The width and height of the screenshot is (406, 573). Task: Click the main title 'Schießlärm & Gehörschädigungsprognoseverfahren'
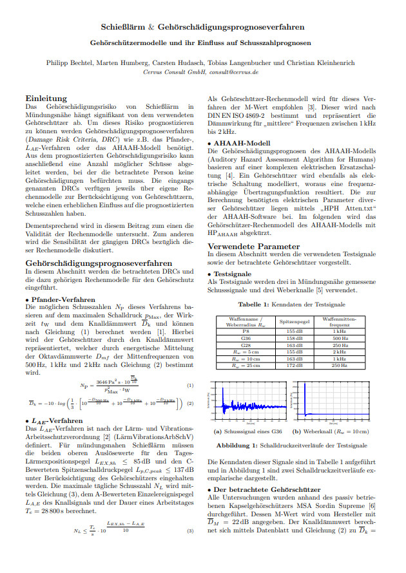pyautogui.click(x=203, y=28)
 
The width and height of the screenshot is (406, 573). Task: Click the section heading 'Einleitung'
pyautogui.click(x=46, y=98)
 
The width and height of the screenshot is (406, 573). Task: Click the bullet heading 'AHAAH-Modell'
pyautogui.click(x=238, y=142)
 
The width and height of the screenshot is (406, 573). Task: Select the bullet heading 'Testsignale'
pyautogui.click(x=233, y=274)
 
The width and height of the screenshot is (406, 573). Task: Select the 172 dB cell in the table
pyautogui.click(x=295, y=365)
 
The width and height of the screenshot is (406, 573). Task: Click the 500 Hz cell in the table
pyautogui.click(x=340, y=337)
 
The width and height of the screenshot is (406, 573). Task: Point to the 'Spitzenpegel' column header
pyautogui.click(x=295, y=320)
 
